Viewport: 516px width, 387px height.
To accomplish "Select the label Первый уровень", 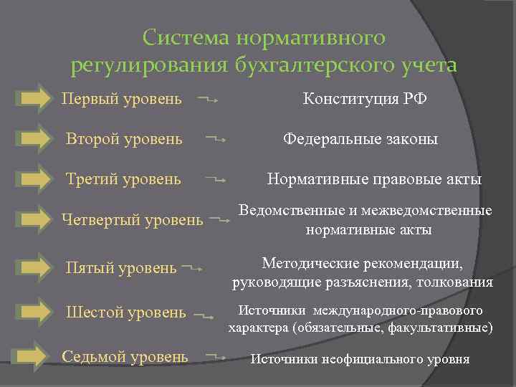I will [121, 97].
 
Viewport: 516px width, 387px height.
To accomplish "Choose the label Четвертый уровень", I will [133, 220].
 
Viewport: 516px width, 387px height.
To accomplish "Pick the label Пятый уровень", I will [121, 268].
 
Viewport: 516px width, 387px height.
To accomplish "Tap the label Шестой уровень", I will [125, 312].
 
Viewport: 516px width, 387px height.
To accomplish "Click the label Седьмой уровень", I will [125, 356].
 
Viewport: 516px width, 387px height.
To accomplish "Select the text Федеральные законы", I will [360, 138].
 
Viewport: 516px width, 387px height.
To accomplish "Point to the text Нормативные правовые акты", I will [374, 179].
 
